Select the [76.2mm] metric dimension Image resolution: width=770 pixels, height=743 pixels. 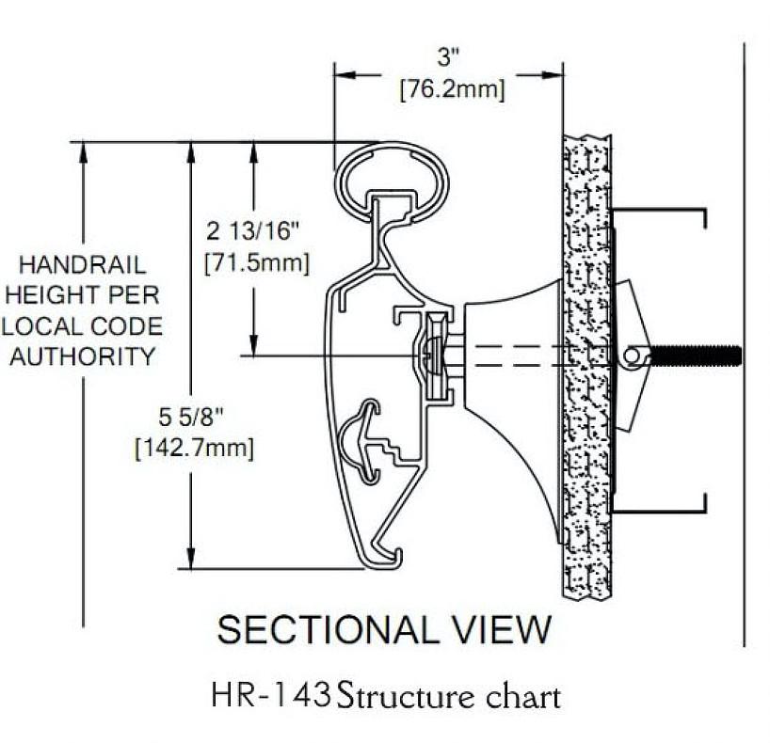pyautogui.click(x=452, y=91)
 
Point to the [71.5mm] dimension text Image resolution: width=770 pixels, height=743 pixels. pyautogui.click(x=256, y=263)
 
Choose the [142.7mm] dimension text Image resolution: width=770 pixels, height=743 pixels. pyautogui.click(x=194, y=448)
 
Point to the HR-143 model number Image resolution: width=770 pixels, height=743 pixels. pyautogui.click(x=271, y=696)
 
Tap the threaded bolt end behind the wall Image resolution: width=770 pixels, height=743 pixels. pyautogui.click(x=701, y=356)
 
